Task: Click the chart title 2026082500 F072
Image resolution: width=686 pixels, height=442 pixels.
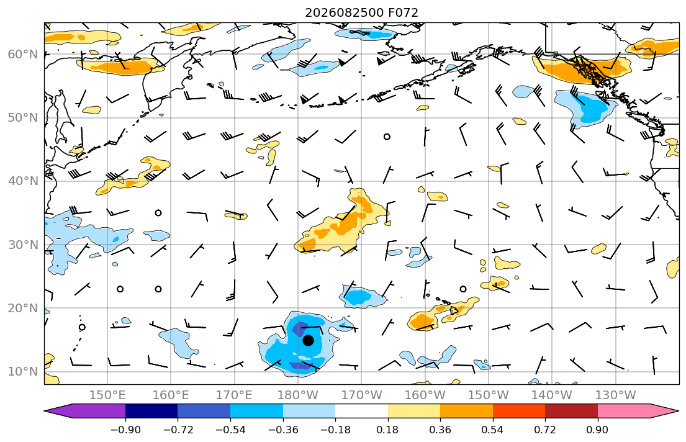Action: click(361, 12)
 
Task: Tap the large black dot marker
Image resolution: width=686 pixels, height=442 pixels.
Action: click(308, 340)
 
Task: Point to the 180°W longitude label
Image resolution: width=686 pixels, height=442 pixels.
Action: click(298, 395)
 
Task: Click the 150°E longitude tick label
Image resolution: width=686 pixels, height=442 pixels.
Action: click(107, 395)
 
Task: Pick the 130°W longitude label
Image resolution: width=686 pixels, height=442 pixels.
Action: click(616, 395)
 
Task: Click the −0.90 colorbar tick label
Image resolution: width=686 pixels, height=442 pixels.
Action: click(125, 430)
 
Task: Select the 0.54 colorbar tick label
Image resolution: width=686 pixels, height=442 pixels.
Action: click(493, 430)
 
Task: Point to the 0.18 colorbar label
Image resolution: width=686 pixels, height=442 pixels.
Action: click(387, 430)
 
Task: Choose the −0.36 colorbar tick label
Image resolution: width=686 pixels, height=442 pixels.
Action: click(283, 430)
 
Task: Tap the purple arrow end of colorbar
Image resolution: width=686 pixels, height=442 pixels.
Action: click(85, 411)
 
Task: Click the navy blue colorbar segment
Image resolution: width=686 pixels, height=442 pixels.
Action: click(151, 411)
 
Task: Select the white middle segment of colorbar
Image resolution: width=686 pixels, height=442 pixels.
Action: click(361, 411)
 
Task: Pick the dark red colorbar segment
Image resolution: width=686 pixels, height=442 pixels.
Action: click(571, 411)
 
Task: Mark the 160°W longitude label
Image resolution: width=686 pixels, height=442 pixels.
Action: click(425, 395)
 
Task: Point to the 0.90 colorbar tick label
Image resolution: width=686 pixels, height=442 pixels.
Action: click(598, 430)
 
